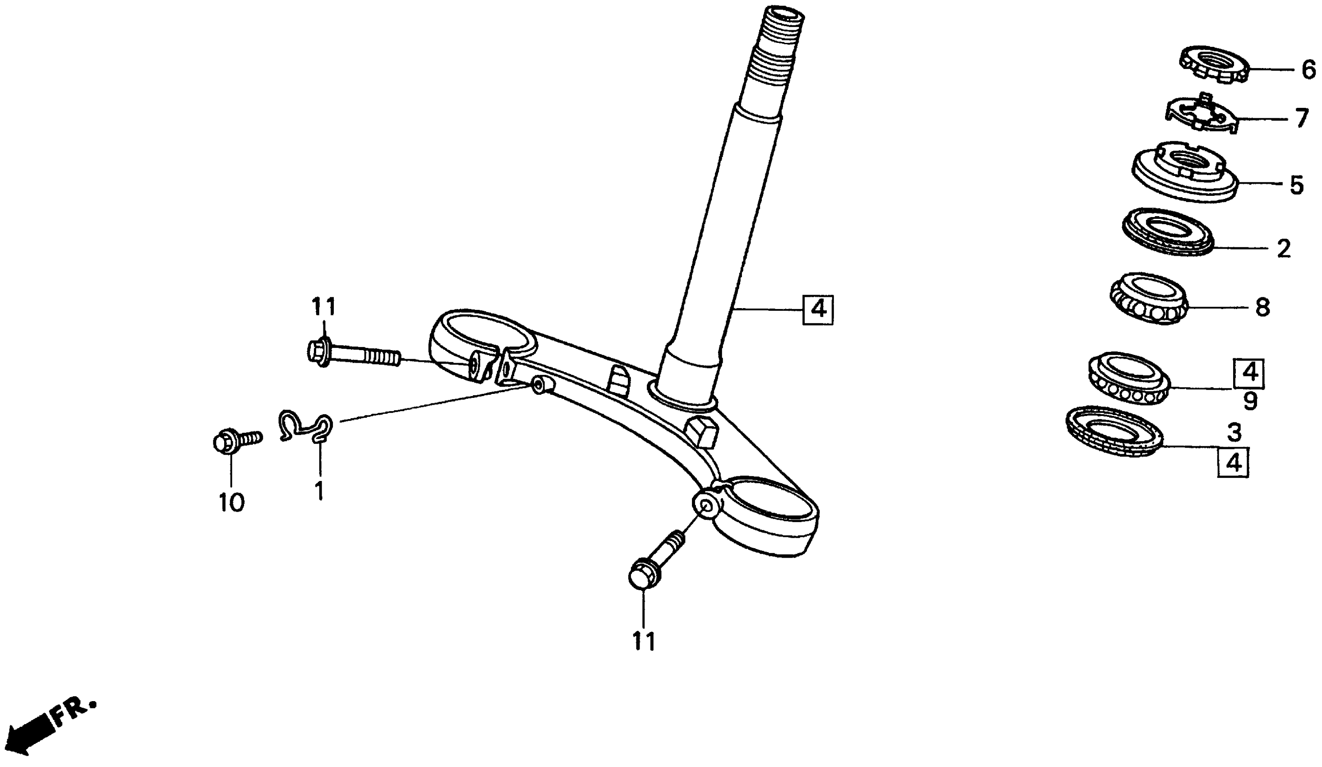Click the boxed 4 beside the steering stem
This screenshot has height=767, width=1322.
(818, 310)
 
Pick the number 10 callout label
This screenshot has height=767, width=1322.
(231, 503)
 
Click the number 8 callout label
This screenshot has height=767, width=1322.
(1262, 307)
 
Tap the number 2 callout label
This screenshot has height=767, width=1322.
(1283, 248)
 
